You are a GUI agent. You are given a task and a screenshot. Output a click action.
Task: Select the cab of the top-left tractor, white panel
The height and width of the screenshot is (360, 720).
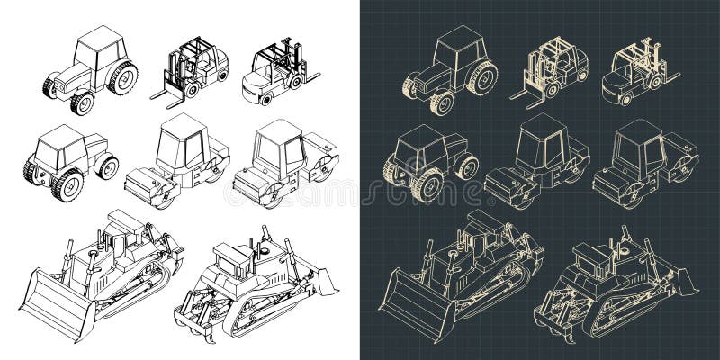click(x=98, y=49)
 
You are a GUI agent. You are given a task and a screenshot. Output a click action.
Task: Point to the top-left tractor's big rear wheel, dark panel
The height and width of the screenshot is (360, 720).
click(x=482, y=76)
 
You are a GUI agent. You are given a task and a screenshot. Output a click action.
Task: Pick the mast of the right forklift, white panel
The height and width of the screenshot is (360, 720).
click(x=290, y=56)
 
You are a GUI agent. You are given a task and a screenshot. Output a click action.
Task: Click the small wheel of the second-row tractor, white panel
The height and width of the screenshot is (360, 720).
click(x=108, y=166)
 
